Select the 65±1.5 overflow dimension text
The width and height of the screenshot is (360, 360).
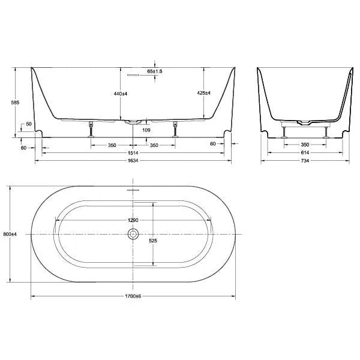155,71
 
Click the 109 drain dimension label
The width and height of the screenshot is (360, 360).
146,130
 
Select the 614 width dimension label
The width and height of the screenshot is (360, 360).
305,154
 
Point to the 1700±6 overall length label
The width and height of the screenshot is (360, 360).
133,297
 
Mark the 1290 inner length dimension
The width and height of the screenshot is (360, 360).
133,220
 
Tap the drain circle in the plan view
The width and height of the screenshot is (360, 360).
133,233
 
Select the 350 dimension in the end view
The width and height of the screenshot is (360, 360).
305,145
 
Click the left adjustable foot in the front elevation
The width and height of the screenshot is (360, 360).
92,128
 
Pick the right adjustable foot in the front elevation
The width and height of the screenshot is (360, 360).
175,128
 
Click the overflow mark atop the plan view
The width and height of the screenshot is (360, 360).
133,190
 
